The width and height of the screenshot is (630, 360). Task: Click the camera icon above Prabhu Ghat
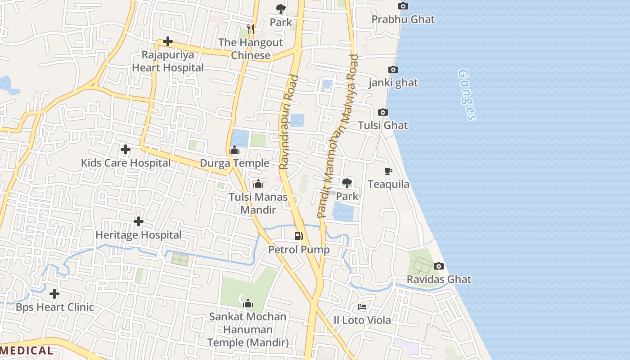(x=403, y=6)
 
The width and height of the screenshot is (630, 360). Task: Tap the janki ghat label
(x=393, y=83)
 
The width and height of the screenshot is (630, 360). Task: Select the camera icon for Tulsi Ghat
(x=383, y=112)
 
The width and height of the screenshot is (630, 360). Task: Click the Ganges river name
(x=468, y=95)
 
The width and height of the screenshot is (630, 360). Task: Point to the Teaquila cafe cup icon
(x=388, y=171)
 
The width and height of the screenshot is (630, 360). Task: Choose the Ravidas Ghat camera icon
(x=439, y=266)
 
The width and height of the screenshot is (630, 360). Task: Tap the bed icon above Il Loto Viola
(x=362, y=307)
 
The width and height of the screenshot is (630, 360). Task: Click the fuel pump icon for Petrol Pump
(x=298, y=236)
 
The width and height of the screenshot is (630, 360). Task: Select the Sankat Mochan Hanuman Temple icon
(x=248, y=304)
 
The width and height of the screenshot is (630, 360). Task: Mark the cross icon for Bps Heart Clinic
(x=54, y=294)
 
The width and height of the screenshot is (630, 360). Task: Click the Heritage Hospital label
(x=139, y=235)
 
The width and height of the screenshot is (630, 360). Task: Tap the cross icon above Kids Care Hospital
(x=126, y=149)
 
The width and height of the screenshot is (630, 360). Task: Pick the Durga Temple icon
(x=234, y=150)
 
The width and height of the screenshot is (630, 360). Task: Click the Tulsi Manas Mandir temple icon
(x=258, y=184)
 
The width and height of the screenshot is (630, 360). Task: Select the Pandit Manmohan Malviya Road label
(x=337, y=136)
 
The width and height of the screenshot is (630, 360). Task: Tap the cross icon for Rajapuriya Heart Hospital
(x=168, y=42)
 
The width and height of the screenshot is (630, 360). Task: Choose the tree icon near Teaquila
(x=347, y=183)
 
